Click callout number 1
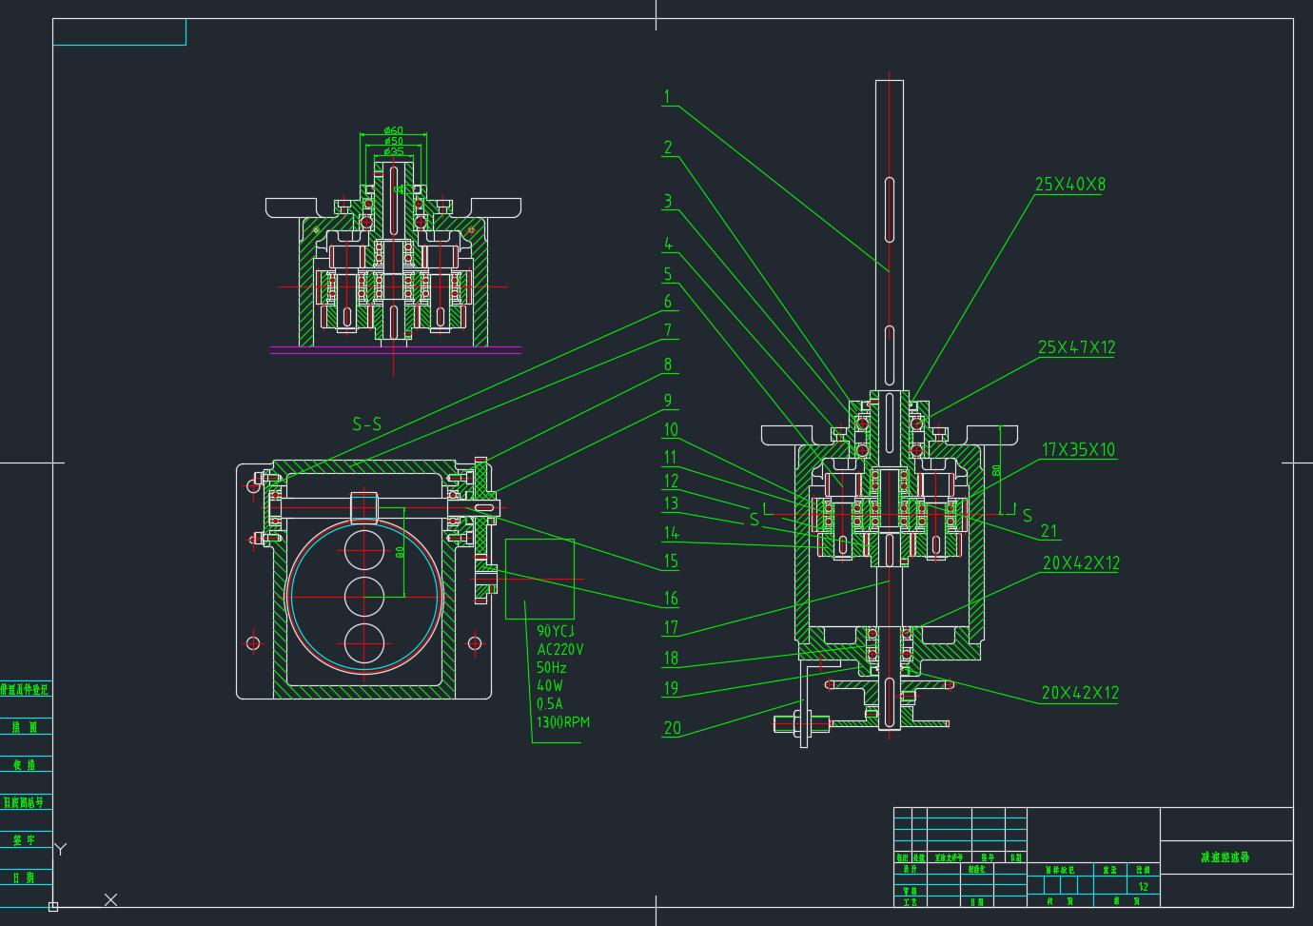pos(667,96)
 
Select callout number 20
pos(672,728)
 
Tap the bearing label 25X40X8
pos(1070,184)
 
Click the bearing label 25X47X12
pos(1076,347)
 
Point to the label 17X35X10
pos(1078,449)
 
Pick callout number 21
pos(1048,531)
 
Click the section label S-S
pos(366,424)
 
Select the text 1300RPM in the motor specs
pos(563,722)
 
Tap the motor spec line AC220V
pos(560,649)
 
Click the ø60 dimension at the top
pos(393,130)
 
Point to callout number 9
pos(668,401)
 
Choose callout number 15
pos(671,562)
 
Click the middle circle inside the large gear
pos(364,595)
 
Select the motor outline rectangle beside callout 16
pos(539,579)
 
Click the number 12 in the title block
pos(1144,887)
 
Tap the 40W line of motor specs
pos(550,685)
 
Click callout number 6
pos(668,302)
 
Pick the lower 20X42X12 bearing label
pos(1080,693)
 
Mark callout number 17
pos(671,627)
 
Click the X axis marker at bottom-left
pos(110,899)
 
